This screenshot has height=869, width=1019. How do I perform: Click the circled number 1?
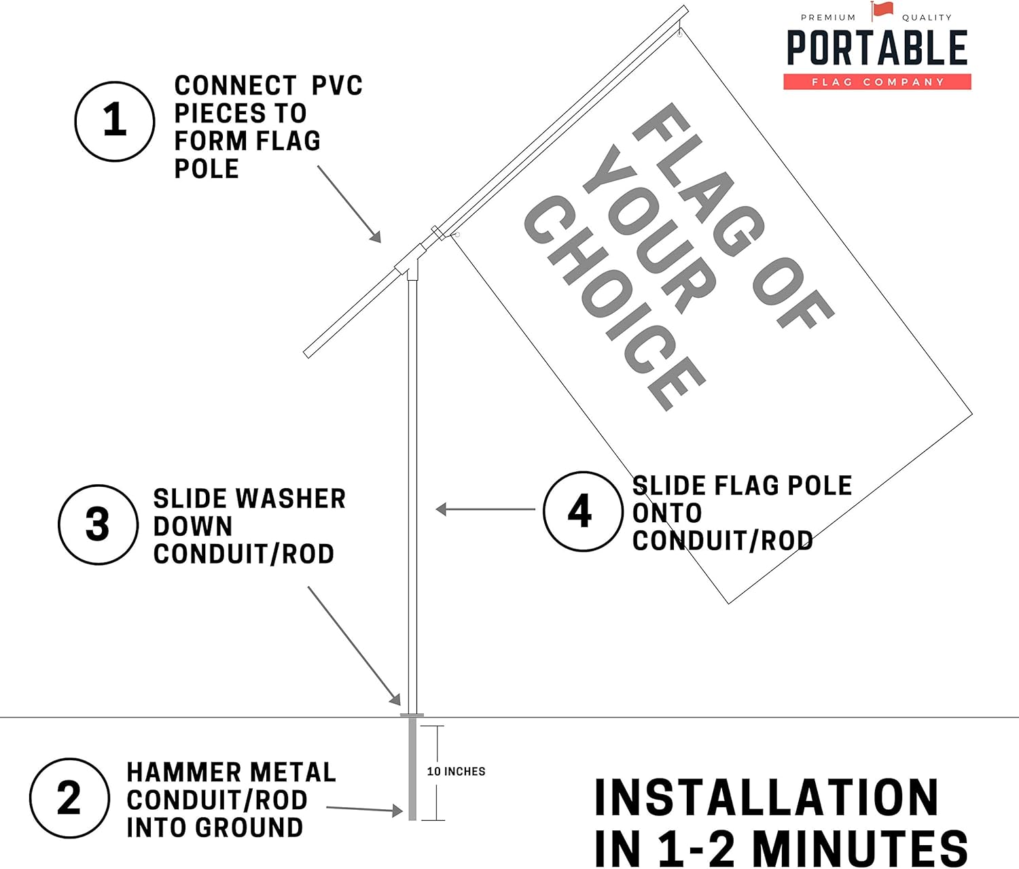click(115, 122)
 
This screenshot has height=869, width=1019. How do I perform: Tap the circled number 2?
click(69, 798)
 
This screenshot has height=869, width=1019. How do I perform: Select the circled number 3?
click(98, 524)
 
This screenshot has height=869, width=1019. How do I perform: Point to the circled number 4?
click(583, 511)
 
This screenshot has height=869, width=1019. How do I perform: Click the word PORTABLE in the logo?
click(877, 48)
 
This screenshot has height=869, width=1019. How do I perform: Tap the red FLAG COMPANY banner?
click(878, 82)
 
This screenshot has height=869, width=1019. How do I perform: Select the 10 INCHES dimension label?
click(456, 771)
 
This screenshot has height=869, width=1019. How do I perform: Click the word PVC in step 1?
click(337, 86)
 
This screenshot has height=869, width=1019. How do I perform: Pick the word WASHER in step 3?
click(291, 498)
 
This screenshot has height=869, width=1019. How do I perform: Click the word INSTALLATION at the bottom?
click(766, 797)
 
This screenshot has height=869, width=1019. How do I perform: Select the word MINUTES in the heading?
click(860, 849)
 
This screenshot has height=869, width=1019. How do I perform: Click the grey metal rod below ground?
click(412, 769)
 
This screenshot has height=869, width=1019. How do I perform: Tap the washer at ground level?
click(412, 715)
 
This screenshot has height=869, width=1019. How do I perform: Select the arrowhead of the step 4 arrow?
click(441, 509)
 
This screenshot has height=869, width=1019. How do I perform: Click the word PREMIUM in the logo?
click(828, 18)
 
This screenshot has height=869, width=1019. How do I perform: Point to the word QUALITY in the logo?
click(927, 18)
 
